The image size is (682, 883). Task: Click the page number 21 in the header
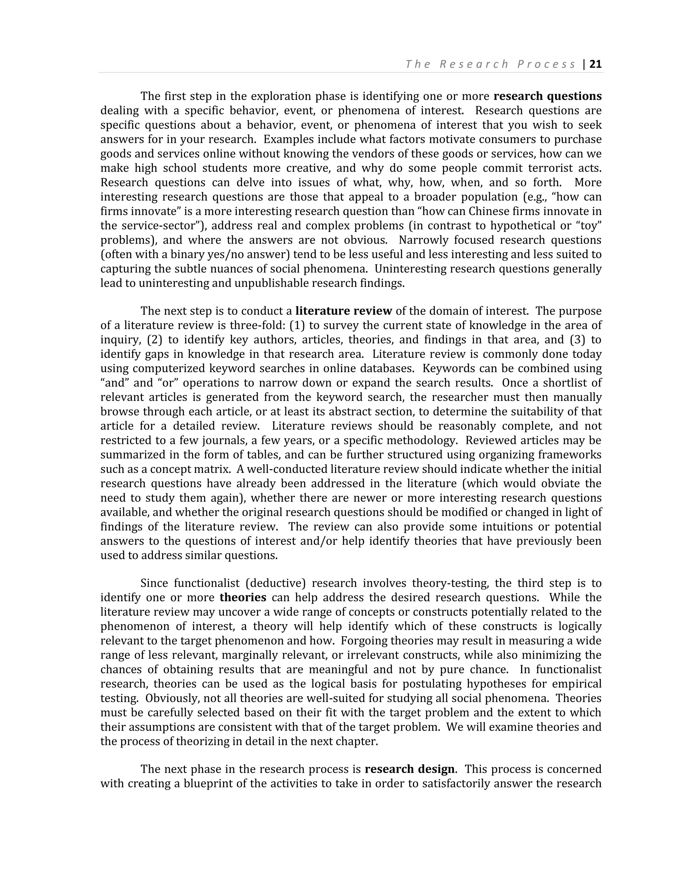595,64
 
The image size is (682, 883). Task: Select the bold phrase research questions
547,96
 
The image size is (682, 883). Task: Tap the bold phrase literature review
343,311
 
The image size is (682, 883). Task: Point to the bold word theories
243,597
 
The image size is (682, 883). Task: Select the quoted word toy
589,226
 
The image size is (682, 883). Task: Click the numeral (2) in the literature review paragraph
154,340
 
